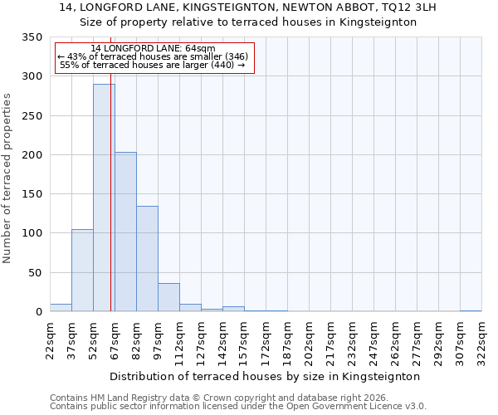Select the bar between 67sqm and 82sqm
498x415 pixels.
coord(125,232)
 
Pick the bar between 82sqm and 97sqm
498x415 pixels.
coord(147,258)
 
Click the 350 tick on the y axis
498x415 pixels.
coord(32,37)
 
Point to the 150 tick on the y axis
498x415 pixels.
coord(32,194)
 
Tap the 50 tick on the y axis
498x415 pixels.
coord(36,272)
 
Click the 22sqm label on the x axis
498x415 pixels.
coord(51,340)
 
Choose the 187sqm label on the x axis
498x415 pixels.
coord(288,340)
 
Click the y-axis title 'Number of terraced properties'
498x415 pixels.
coord(8,178)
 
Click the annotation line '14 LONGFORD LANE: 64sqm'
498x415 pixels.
coord(153,48)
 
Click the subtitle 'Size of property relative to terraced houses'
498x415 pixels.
coord(249,22)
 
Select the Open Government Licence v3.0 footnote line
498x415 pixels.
coord(238,407)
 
